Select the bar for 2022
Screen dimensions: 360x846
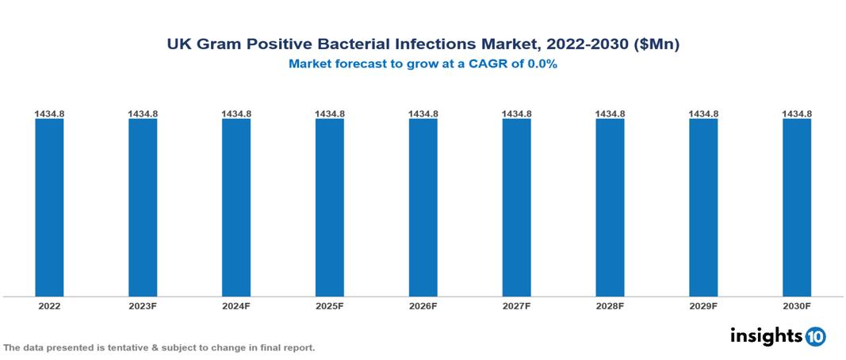[49, 208]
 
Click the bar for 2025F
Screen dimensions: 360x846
[330, 208]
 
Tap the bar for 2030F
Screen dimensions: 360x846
[797, 208]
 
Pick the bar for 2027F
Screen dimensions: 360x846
[516, 208]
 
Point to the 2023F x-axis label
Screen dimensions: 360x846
[143, 306]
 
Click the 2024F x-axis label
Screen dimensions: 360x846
[236, 306]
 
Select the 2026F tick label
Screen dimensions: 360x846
[423, 306]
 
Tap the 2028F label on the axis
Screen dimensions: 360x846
[610, 306]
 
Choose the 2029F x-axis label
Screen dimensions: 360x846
[703, 306]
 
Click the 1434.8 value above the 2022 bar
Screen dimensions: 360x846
[49, 114]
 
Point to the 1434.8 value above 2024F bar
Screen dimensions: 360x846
[236, 114]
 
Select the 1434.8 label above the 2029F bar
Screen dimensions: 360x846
[703, 114]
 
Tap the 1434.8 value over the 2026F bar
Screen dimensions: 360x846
[423, 114]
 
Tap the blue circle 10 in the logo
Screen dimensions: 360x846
[815, 336]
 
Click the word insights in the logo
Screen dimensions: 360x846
[766, 335]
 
